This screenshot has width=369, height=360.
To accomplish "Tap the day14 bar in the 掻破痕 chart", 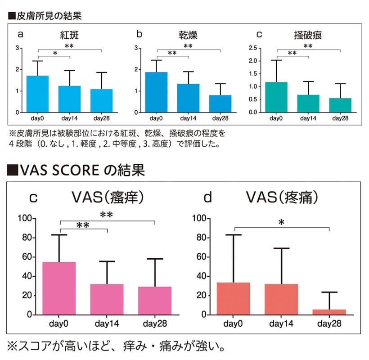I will [x=308, y=103].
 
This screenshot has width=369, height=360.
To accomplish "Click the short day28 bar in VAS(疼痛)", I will [x=329, y=312].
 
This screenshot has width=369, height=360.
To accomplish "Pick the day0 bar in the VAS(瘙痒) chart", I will [x=58, y=288].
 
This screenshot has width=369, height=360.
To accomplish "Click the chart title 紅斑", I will [x=70, y=35].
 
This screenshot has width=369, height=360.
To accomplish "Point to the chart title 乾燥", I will [x=188, y=35].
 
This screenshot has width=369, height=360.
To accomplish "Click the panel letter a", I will [x=20, y=35].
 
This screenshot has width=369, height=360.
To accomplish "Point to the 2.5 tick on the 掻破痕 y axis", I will [x=252, y=48].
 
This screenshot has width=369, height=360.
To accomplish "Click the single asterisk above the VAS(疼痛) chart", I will [x=281, y=222].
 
